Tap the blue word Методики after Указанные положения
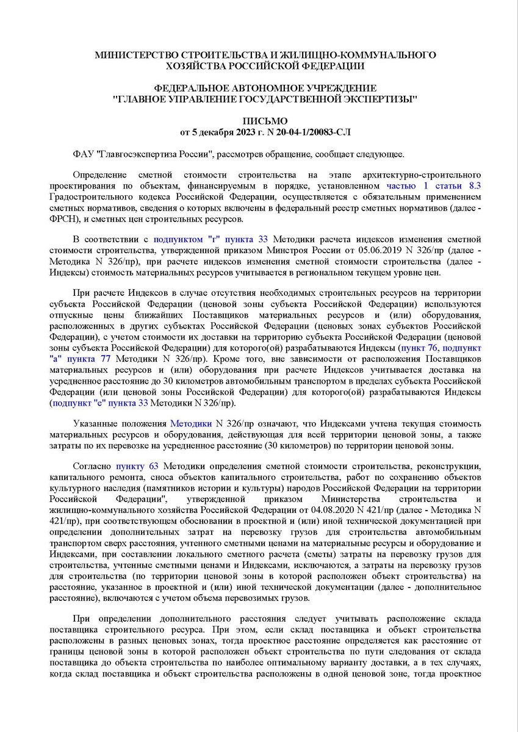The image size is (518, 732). (190, 423)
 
